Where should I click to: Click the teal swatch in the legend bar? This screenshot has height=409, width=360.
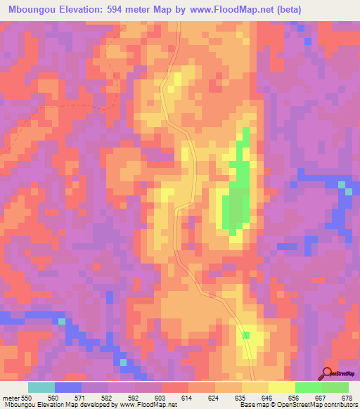click(x=41, y=388)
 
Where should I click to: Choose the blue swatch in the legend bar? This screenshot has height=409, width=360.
click(x=68, y=388)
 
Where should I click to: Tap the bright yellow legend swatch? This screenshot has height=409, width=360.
click(x=281, y=388)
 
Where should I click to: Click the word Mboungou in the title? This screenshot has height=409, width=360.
click(x=30, y=10)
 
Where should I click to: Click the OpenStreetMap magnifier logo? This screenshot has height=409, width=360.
click(x=327, y=373)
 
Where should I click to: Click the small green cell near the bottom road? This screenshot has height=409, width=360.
click(x=246, y=335)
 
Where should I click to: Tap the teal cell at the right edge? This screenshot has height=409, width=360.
click(x=342, y=185)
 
